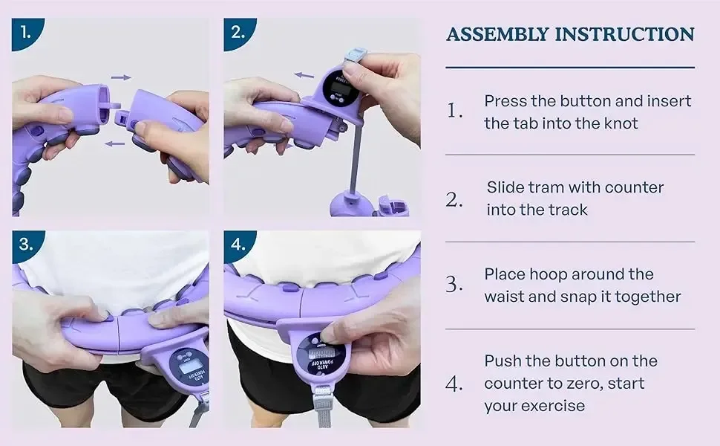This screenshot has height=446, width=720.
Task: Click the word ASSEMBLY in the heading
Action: click(x=498, y=34)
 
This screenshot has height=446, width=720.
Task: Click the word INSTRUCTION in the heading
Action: click(x=624, y=34)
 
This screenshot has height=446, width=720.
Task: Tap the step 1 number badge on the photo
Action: click(x=26, y=32)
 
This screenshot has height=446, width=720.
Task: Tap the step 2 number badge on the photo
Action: click(x=238, y=32)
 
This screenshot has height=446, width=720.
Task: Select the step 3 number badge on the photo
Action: click(x=26, y=244)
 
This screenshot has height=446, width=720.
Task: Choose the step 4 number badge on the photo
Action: click(x=238, y=244)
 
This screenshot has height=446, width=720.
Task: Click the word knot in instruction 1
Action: click(x=620, y=123)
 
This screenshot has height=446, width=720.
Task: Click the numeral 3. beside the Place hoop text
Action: click(x=454, y=285)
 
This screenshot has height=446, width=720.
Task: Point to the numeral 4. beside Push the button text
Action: click(x=454, y=384)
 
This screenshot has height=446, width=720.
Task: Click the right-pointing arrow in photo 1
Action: click(x=121, y=78)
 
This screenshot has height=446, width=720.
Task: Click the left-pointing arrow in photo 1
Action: click(x=114, y=144)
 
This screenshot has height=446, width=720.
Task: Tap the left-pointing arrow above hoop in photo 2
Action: click(x=304, y=75)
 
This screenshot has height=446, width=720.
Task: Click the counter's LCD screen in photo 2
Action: click(x=338, y=87)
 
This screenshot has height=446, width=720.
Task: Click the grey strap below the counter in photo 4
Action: click(x=324, y=407)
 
